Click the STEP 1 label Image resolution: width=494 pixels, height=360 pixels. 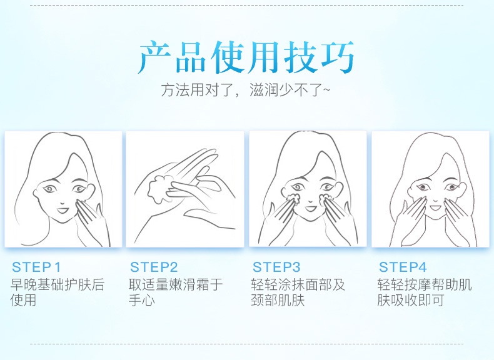[36, 267]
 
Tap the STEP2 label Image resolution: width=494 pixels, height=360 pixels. [154, 267]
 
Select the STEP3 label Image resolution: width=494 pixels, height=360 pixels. [276, 267]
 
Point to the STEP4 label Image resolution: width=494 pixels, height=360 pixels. [403, 267]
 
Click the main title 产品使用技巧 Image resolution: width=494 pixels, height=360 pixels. [246, 57]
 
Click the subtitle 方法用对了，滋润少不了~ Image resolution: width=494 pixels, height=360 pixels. [246, 90]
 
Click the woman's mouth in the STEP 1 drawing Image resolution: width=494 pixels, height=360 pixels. [63, 210]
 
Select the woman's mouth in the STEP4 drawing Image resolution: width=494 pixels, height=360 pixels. [436, 207]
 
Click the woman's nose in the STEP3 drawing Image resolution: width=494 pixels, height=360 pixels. [311, 199]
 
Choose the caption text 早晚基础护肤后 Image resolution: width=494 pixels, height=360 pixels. [58, 285]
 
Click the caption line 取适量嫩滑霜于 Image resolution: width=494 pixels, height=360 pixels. [176, 285]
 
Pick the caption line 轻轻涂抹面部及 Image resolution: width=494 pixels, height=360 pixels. [298, 285]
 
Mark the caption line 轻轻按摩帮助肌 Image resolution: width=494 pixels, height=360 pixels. [425, 285]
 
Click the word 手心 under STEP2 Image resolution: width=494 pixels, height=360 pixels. [142, 300]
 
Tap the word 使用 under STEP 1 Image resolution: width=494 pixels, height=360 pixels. [23, 300]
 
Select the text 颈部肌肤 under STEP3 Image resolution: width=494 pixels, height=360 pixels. [278, 300]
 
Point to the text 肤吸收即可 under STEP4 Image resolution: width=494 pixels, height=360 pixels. [411, 300]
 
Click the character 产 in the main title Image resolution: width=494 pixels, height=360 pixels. [155, 57]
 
